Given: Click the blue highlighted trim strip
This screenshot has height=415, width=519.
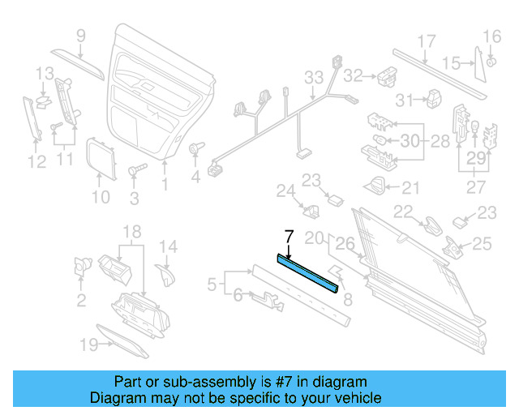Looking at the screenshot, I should point(308,273).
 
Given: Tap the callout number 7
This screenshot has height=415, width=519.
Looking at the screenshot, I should point(287,237).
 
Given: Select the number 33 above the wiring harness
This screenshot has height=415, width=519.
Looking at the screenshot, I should point(314,77).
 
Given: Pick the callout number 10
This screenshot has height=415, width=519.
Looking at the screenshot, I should point(99,197).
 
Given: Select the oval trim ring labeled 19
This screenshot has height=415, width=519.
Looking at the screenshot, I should point(122,340).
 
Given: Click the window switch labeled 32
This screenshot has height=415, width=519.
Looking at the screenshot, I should point(383,75).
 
